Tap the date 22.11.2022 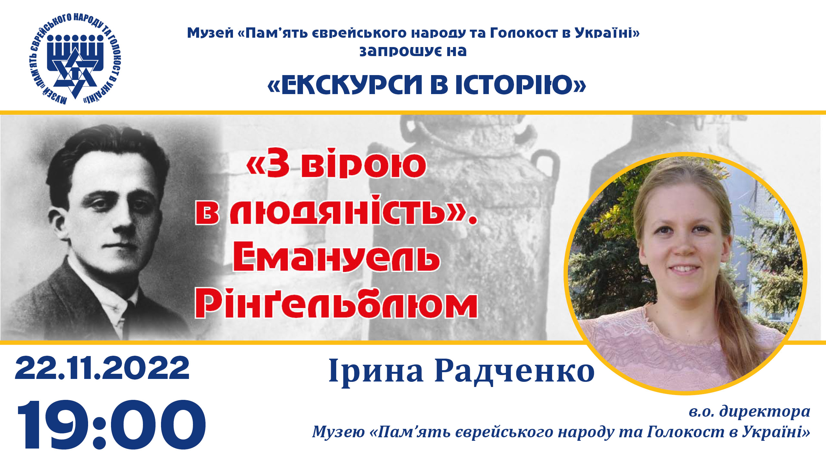click(102, 368)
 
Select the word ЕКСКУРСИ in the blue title click(351, 85)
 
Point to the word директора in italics click(765, 412)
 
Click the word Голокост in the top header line click(524, 33)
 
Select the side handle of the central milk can click(545, 168)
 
